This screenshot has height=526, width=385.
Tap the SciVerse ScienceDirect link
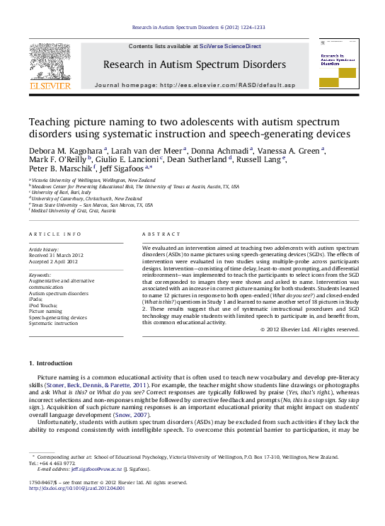tap(230, 46)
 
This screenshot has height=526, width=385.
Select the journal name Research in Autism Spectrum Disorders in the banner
tap(195, 64)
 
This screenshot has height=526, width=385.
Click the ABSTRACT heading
tap(157, 234)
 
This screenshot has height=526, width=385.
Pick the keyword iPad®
tap(36, 299)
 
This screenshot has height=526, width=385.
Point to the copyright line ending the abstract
tap(310, 329)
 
